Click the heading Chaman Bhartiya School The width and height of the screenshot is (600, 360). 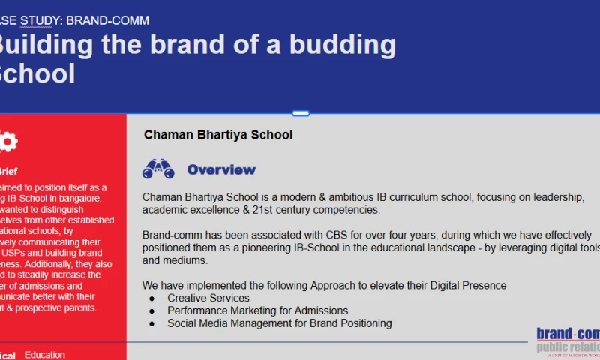click(218, 135)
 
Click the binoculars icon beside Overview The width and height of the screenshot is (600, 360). click(158, 169)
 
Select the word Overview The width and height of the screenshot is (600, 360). click(221, 169)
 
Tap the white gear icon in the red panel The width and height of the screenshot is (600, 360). click(7, 142)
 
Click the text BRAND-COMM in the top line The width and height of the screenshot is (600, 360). click(108, 20)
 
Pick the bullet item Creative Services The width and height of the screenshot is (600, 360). click(208, 298)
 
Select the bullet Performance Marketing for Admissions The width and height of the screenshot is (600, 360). click(257, 310)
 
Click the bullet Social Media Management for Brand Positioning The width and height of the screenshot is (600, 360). click(279, 323)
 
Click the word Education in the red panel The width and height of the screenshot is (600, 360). click(45, 355)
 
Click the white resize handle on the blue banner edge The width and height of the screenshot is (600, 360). click(301, 113)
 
